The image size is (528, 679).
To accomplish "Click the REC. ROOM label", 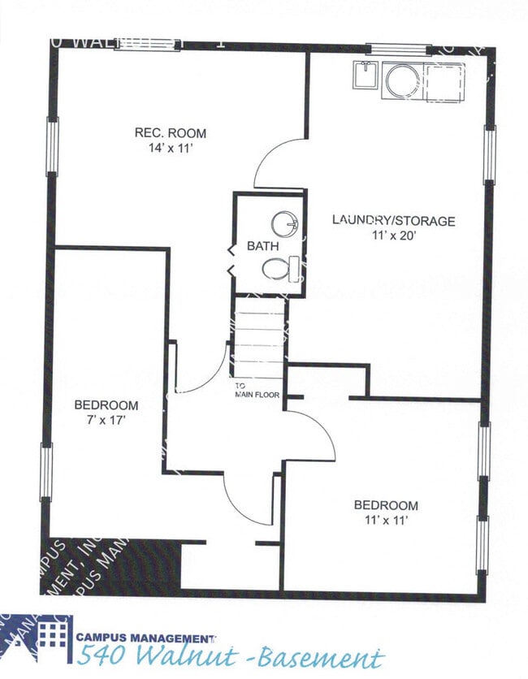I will pos(170,133).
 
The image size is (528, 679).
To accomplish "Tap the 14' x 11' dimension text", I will pos(170,149).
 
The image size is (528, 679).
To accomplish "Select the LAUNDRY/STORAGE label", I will pos(393,220).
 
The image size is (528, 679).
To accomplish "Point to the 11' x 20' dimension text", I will pos(393,236).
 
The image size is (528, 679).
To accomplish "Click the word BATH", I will pos(262,245).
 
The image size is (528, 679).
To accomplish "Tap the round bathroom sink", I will pos(285,223).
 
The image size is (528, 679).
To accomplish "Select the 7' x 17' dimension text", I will pos(106,420).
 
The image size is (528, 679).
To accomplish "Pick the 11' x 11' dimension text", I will pos(386,520).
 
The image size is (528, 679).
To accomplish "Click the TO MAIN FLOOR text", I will pos(257,391).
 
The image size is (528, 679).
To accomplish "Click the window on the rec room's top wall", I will pos(146,45).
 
